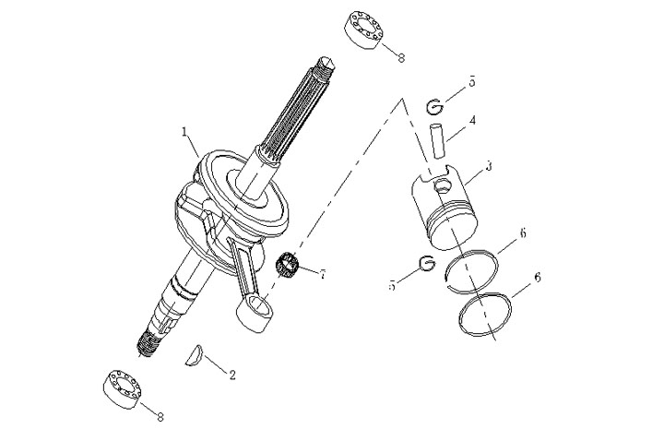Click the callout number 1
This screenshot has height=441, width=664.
pos(184,131)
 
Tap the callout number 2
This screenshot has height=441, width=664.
pos(232,375)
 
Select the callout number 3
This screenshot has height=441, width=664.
pos(489,166)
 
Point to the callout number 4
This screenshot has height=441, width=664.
pos(472,120)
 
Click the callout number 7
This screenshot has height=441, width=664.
pos(323,275)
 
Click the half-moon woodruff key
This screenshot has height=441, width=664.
pos(194,355)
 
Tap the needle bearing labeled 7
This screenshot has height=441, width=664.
pos(287,264)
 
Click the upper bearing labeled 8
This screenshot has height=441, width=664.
pos(363,30)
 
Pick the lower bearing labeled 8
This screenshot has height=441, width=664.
pos(123,388)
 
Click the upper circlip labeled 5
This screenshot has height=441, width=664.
pos(435,106)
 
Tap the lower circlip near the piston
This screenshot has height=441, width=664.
pos(427,262)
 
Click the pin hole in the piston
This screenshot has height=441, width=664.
pos(443,185)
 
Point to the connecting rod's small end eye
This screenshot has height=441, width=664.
pos(257,305)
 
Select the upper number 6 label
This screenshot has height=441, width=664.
pos(523,233)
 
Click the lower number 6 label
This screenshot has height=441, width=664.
pos(538,278)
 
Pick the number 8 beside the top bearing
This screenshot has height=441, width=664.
pos(401,57)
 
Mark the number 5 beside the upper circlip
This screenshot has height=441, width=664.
pos(472,82)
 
